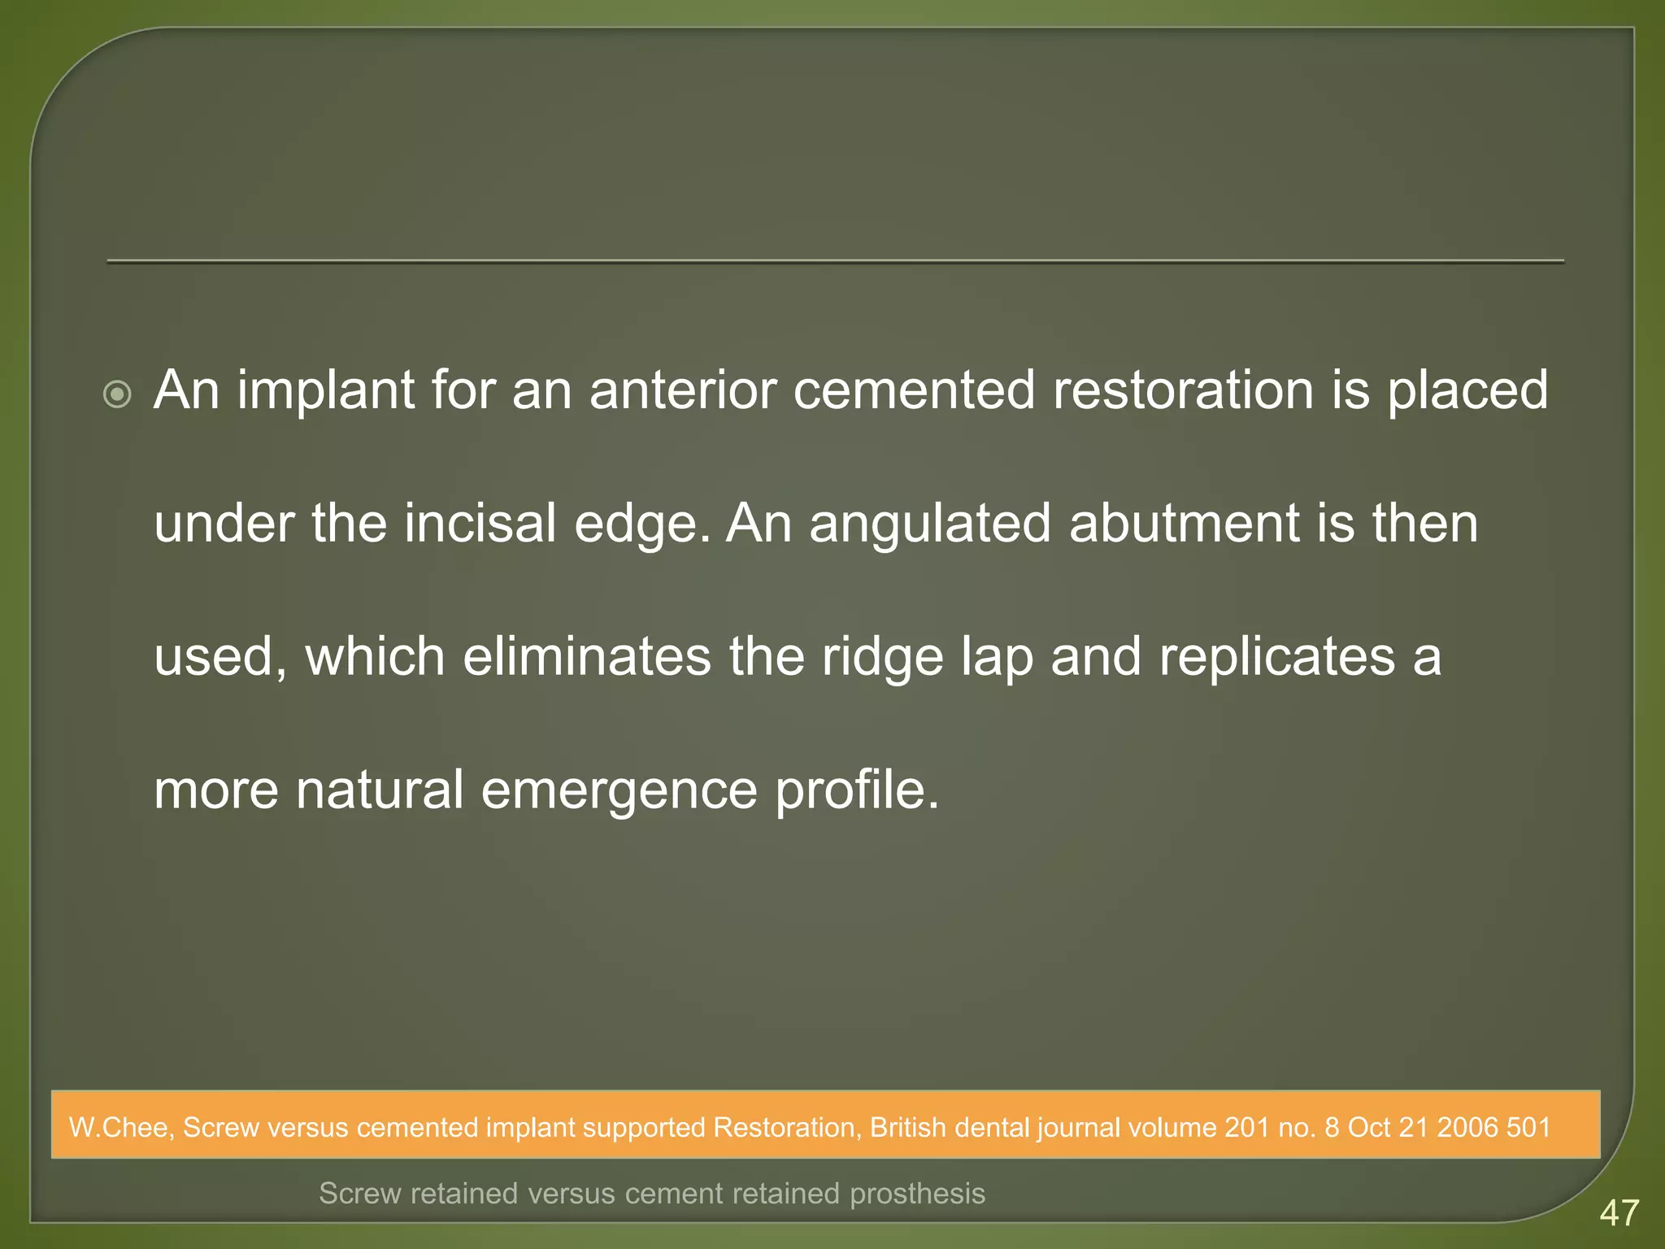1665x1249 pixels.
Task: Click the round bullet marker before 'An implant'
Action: click(118, 395)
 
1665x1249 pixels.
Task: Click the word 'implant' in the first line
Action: click(326, 391)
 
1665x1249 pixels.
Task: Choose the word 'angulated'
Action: click(929, 525)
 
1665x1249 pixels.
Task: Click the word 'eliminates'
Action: click(586, 656)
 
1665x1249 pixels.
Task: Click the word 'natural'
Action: click(379, 790)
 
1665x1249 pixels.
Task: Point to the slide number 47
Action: click(1619, 1213)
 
